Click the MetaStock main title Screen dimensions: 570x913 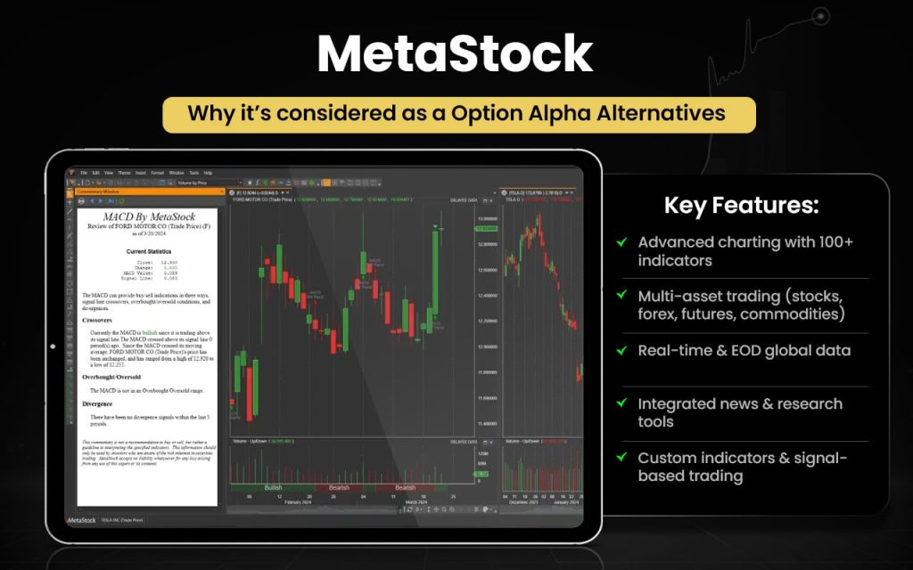click(x=456, y=54)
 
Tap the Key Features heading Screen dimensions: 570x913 click(x=741, y=206)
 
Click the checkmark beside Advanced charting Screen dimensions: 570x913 click(x=621, y=242)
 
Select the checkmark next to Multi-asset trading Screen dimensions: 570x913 click(x=621, y=296)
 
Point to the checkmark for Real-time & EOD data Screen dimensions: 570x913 click(x=621, y=350)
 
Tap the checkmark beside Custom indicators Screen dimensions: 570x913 click(x=621, y=458)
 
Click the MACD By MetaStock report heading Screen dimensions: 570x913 click(x=146, y=216)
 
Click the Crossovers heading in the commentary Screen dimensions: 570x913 click(x=103, y=318)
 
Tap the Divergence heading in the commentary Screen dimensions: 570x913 click(x=103, y=403)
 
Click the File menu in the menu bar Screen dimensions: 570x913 click(x=84, y=172)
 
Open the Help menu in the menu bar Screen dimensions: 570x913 click(x=208, y=172)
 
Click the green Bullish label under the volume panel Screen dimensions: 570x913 click(x=273, y=487)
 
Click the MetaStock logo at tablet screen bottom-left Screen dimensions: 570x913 click(x=82, y=518)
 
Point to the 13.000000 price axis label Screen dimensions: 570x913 click(x=488, y=218)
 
